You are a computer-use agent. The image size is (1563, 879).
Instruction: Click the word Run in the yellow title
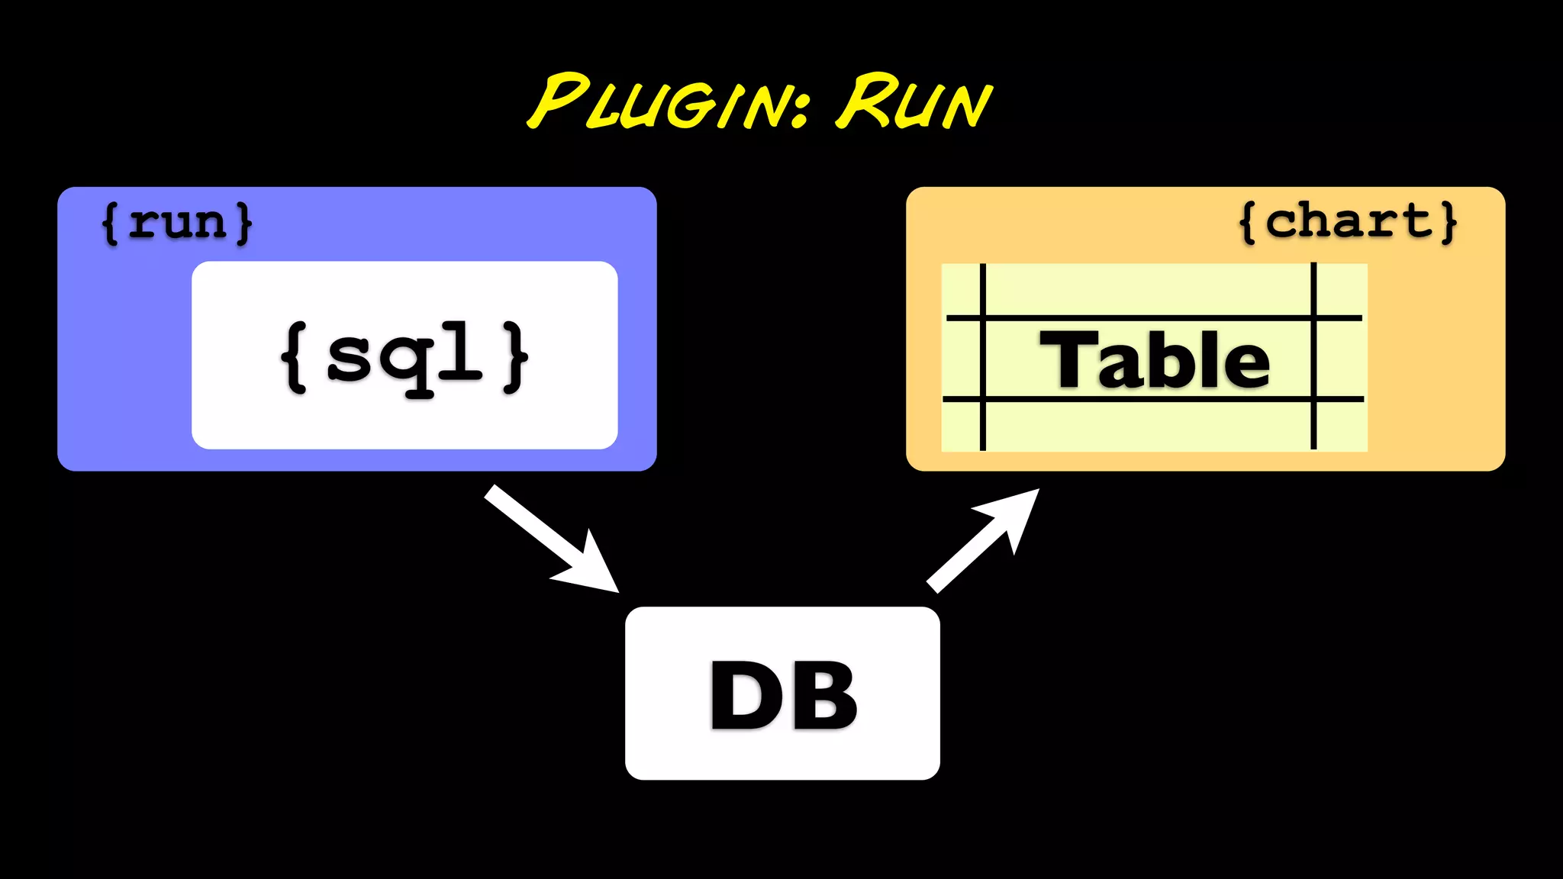(x=913, y=102)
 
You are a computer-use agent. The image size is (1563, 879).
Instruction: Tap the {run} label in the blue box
(x=177, y=223)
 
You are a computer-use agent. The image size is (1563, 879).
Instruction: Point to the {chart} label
(x=1348, y=222)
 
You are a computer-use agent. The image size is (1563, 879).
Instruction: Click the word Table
(x=1154, y=359)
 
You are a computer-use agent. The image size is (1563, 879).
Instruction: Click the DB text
(x=783, y=694)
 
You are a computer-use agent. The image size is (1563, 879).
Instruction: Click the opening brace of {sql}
(x=295, y=357)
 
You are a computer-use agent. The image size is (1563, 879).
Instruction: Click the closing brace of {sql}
(x=516, y=357)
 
